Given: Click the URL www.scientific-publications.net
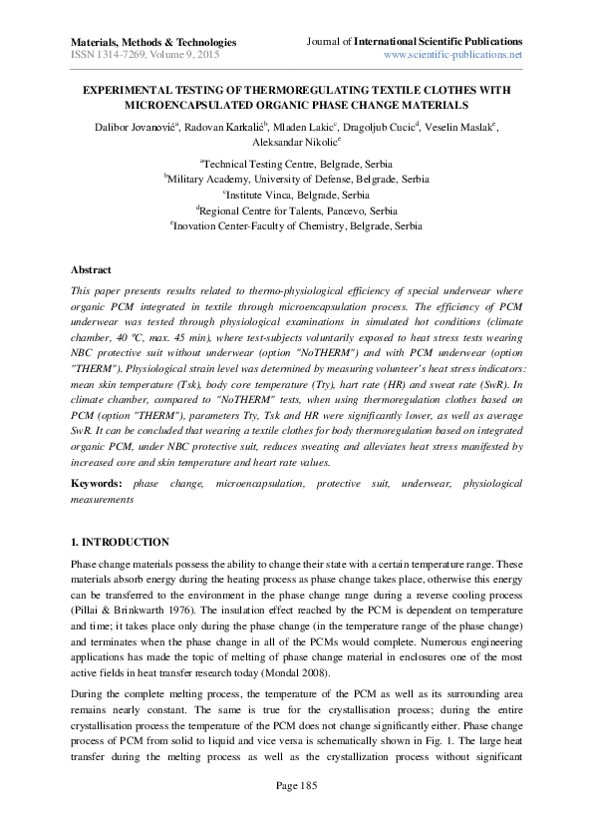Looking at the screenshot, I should (x=452, y=55).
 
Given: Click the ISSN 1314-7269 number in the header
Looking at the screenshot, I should (x=108, y=55).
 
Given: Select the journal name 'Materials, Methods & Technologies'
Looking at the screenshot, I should (x=153, y=42).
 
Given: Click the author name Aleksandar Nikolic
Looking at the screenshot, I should (x=296, y=145).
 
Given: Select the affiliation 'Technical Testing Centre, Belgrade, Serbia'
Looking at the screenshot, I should (x=297, y=164).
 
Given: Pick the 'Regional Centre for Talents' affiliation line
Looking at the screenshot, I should (x=297, y=211).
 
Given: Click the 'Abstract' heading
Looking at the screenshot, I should (x=91, y=270).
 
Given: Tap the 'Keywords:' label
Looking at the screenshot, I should (x=97, y=483).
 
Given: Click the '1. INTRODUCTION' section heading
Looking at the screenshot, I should (x=120, y=543).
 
